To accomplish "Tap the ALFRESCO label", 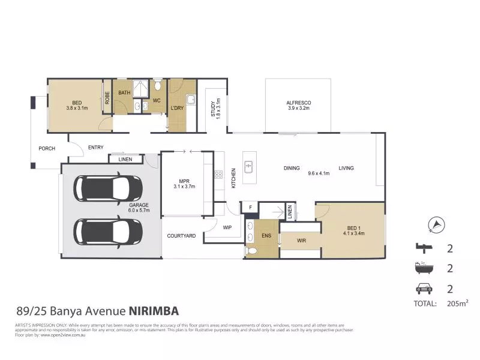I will click(298, 103).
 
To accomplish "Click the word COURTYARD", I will click(181, 236).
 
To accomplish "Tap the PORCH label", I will click(47, 148).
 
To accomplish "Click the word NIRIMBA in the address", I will click(154, 311).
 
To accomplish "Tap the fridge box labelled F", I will click(250, 208).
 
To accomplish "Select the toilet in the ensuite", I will click(251, 250).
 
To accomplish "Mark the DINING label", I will click(292, 169).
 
